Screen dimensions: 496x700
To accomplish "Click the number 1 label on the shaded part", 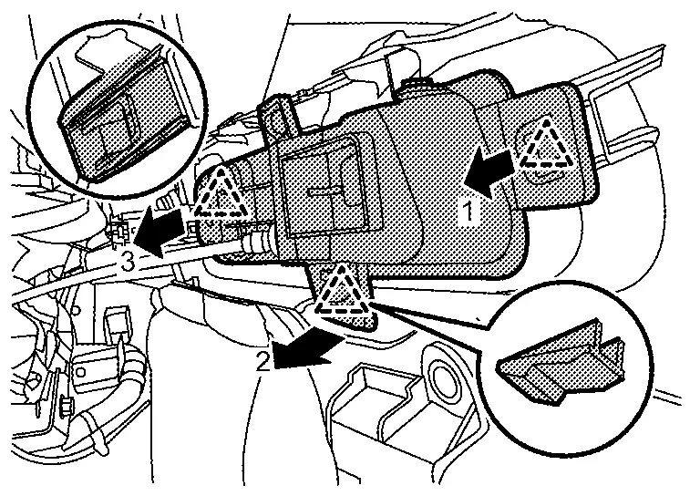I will click(x=467, y=212).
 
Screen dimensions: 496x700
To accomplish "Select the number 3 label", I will click(x=130, y=263).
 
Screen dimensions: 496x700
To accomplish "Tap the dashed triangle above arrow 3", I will click(x=221, y=194).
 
